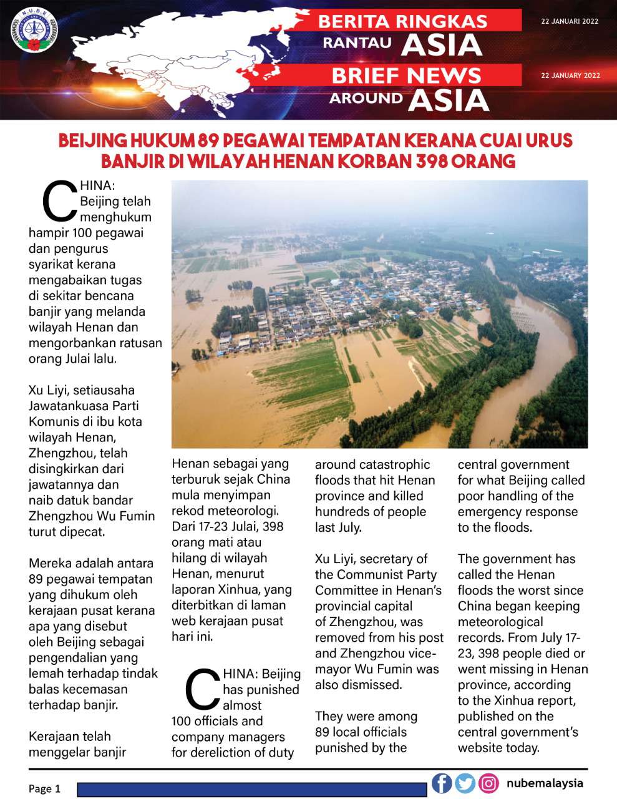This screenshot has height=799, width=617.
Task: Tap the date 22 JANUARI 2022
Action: pyautogui.click(x=570, y=21)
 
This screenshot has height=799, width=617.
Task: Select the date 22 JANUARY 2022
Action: pyautogui.click(x=570, y=76)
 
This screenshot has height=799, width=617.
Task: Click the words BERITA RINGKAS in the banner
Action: pyautogui.click(x=402, y=21)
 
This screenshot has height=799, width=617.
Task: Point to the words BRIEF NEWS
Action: pyautogui.click(x=406, y=76)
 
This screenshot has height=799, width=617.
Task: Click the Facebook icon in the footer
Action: pyautogui.click(x=442, y=783)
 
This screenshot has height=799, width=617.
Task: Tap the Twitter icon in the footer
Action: pyautogui.click(x=465, y=783)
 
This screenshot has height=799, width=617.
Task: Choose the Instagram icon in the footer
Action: pyautogui.click(x=488, y=783)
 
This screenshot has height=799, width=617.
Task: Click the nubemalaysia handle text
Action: pyautogui.click(x=545, y=783)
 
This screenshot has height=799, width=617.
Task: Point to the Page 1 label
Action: pyautogui.click(x=44, y=788)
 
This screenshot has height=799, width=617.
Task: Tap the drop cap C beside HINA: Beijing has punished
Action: pyautogui.click(x=203, y=690)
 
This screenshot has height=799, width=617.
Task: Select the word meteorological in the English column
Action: pyautogui.click(x=500, y=622)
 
